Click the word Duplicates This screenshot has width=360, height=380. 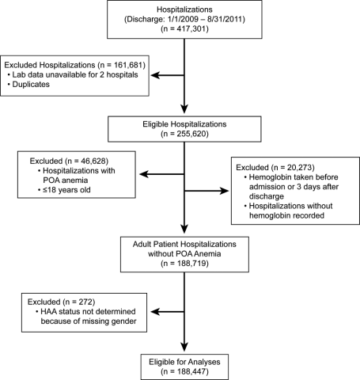pyautogui.click(x=31, y=85)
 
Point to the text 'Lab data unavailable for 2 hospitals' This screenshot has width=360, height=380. pyautogui.click(x=75, y=74)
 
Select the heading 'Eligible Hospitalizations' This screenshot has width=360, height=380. pyautogui.click(x=184, y=124)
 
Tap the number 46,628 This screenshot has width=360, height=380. pyautogui.click(x=93, y=161)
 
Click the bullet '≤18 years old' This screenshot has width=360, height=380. pyautogui.click(x=66, y=190)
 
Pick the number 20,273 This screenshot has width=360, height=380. pyautogui.click(x=299, y=167)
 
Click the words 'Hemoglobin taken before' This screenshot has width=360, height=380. pyautogui.click(x=294, y=177)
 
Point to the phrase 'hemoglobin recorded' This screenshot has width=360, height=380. pyautogui.click(x=286, y=215)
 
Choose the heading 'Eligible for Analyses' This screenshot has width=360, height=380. pyautogui.click(x=184, y=362)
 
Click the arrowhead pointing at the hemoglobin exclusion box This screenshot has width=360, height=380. pyautogui.click(x=225, y=191)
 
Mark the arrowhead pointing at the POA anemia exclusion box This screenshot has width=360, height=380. pyautogui.click(x=144, y=174)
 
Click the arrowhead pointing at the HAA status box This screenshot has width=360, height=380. pyautogui.click(x=155, y=312)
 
